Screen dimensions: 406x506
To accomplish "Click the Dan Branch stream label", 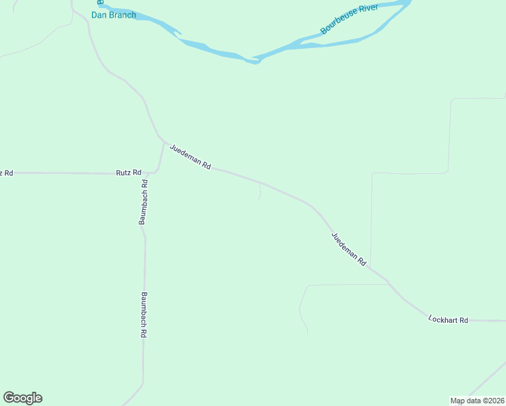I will (114, 15).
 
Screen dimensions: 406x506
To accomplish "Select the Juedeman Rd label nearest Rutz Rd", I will (191, 157).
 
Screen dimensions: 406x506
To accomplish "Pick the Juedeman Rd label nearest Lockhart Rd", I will (348, 249).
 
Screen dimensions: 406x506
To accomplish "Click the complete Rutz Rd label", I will (128, 173).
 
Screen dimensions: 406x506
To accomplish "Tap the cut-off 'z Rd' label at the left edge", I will (7, 173).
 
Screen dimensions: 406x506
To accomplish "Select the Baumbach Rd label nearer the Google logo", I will (144, 315).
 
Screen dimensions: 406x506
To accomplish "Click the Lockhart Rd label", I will (448, 319).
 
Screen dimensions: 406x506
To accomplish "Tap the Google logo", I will (22, 398).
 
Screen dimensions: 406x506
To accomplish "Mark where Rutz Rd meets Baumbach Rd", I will (147, 173).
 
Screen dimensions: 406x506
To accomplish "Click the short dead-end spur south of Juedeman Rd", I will (260, 193).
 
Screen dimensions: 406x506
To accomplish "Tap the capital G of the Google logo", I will (9, 398).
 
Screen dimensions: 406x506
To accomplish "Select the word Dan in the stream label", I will (99, 15).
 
